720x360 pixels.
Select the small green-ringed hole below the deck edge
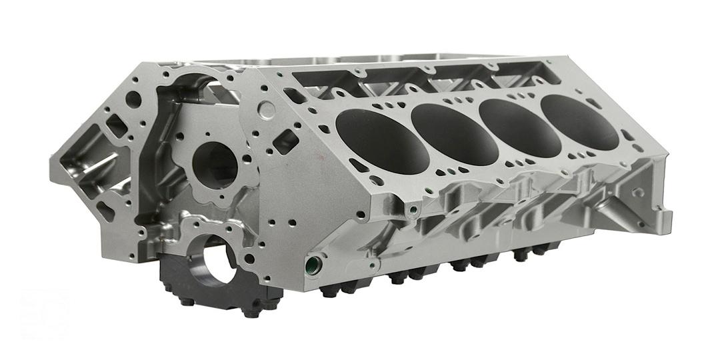tap(413, 211)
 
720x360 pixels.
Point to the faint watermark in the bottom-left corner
tap(43, 313)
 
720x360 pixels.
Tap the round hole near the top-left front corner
tap(133, 99)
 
